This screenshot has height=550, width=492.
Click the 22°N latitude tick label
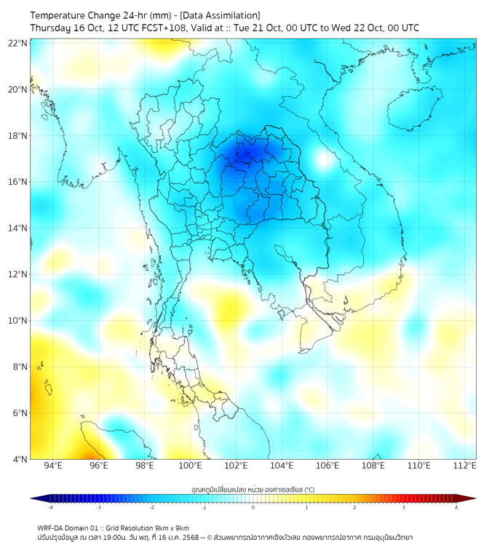tap(19, 43)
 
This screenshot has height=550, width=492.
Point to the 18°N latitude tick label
tap(19, 136)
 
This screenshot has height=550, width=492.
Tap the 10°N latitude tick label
tap(19, 321)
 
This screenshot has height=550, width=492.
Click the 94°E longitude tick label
tap(53, 466)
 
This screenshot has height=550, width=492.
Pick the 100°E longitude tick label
tap(190, 466)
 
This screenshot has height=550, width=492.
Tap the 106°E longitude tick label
tap(328, 466)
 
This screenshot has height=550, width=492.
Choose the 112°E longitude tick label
tap(464, 466)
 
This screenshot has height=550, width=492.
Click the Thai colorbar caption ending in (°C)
tap(253, 489)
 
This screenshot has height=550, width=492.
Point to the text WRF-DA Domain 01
tap(68, 527)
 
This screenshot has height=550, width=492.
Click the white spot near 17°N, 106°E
tap(322, 160)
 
